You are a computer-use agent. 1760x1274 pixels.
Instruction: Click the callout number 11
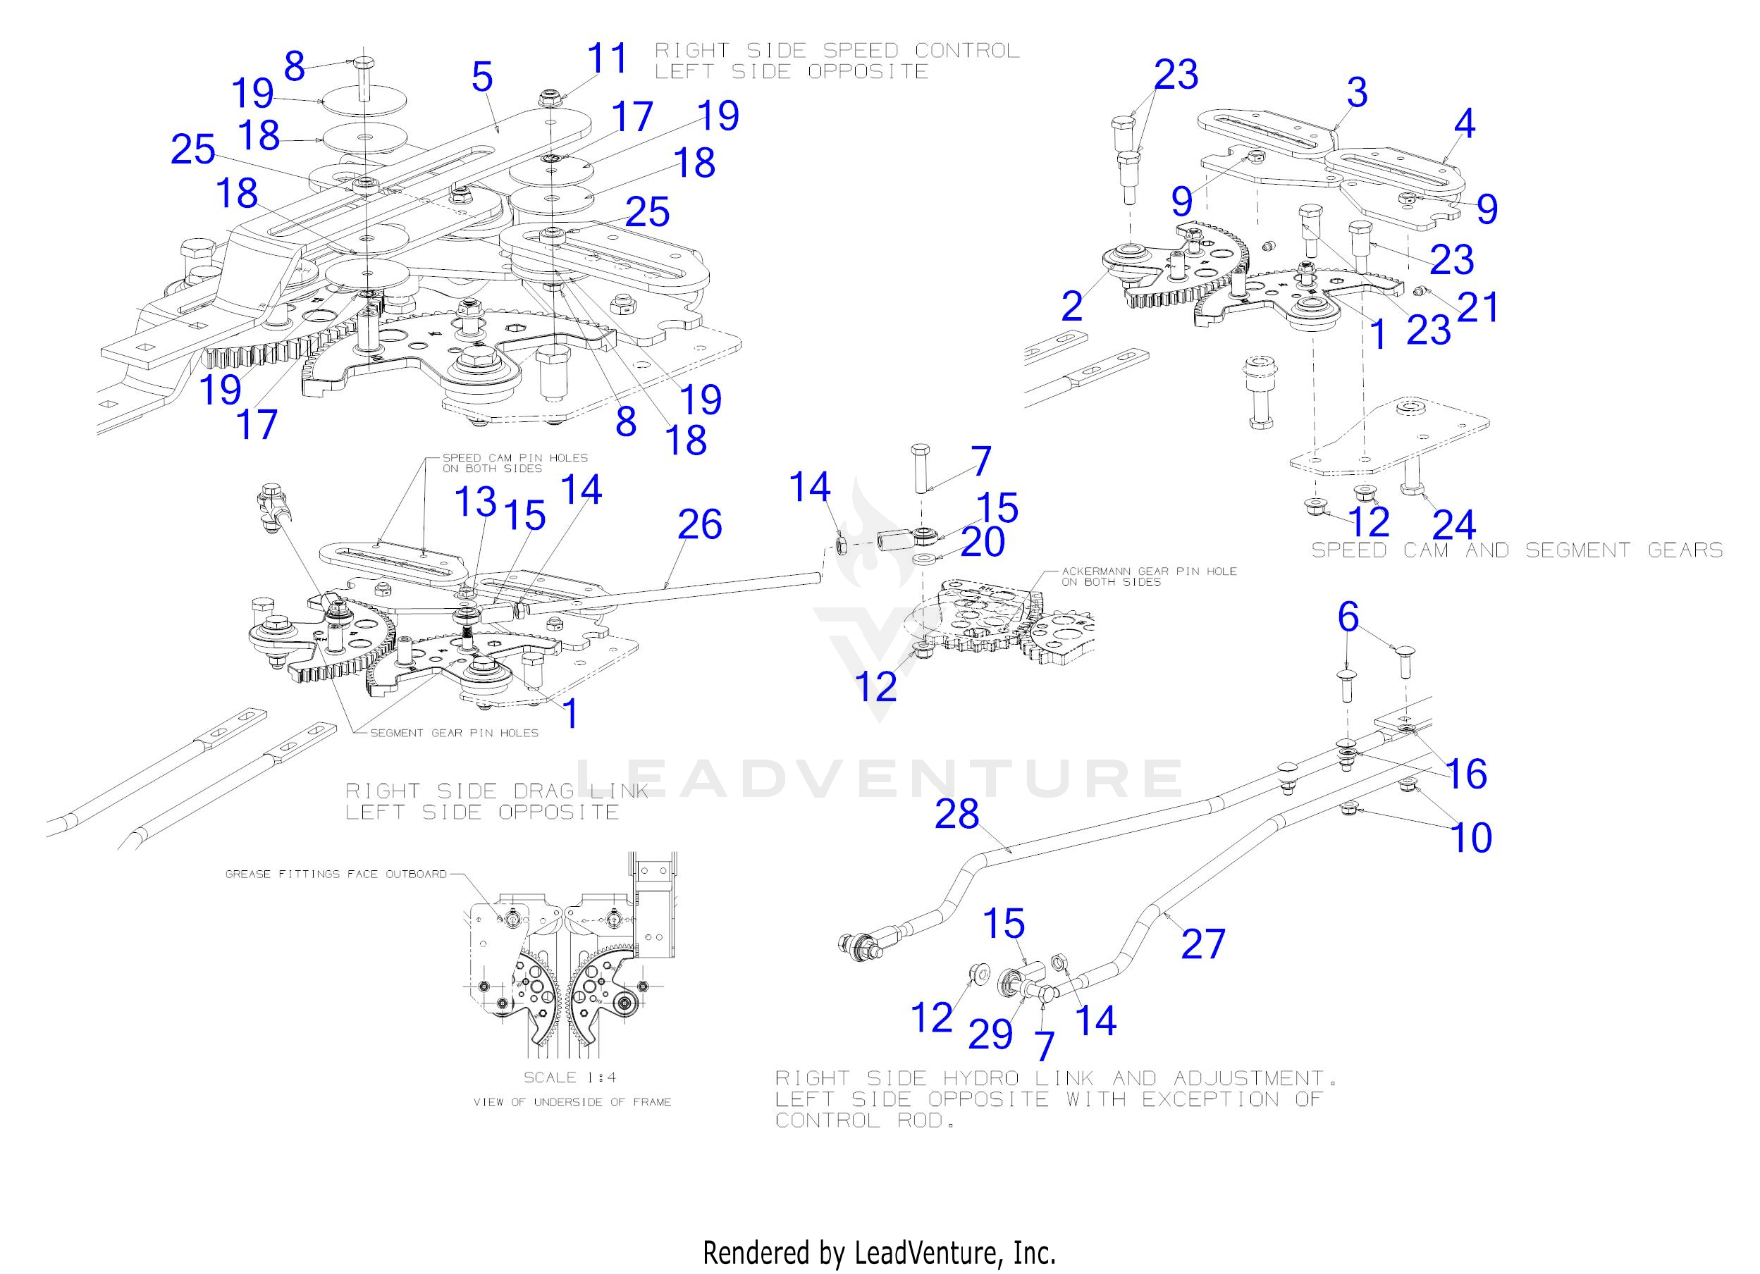coord(606,59)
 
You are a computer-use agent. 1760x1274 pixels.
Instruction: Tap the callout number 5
coord(482,77)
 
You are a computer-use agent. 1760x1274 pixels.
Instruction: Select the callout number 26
coord(699,524)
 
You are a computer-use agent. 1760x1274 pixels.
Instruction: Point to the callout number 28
coord(956,815)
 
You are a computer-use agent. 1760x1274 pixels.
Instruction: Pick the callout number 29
coord(990,1034)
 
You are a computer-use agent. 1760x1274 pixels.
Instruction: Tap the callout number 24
coord(1453,524)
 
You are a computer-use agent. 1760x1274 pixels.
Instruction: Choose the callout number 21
coord(1478,307)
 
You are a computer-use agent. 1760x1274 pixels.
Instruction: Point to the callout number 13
coord(475,501)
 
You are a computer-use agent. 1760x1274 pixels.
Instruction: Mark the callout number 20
coord(983,543)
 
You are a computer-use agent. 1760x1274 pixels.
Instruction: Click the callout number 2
coord(1071,306)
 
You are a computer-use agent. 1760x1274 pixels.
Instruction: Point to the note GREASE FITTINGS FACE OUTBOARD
coord(336,874)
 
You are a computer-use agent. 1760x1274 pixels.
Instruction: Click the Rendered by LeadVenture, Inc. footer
coord(879,1253)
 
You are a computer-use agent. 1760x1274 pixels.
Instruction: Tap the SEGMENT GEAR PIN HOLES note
coord(454,732)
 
